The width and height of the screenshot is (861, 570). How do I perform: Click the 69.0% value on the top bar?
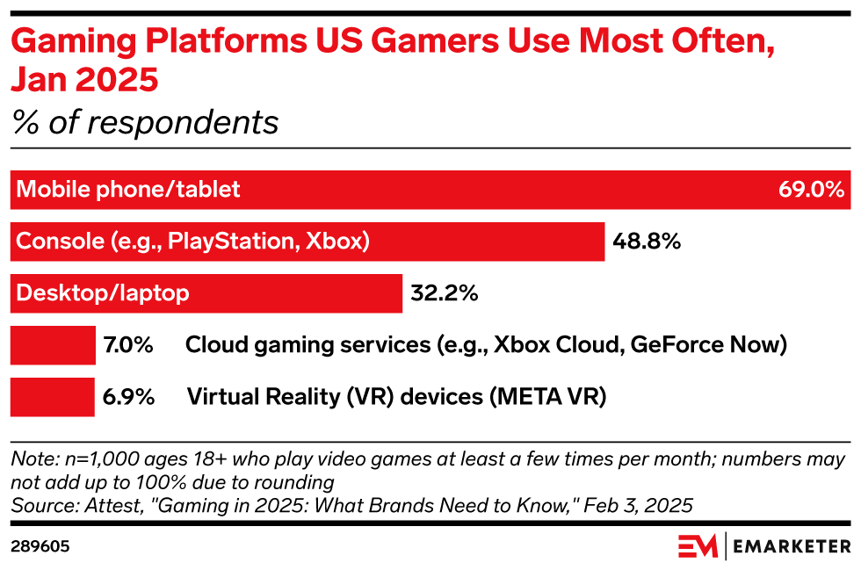(x=811, y=189)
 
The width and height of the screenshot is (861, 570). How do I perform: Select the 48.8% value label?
(x=648, y=241)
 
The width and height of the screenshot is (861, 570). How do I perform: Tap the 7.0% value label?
(x=128, y=344)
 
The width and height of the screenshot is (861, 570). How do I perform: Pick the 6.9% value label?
(x=128, y=396)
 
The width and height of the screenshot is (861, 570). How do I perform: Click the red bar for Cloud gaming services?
(x=52, y=344)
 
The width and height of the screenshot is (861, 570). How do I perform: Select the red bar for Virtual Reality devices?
(x=52, y=396)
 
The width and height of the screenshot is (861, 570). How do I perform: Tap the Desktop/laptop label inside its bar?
(x=103, y=292)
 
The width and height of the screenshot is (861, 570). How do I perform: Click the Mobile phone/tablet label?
(x=128, y=189)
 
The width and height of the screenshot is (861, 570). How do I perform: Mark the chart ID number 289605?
(x=40, y=546)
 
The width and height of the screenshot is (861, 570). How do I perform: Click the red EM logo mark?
(x=698, y=546)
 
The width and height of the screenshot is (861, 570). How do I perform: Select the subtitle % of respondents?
(x=144, y=122)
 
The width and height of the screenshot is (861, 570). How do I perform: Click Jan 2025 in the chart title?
(x=84, y=79)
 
